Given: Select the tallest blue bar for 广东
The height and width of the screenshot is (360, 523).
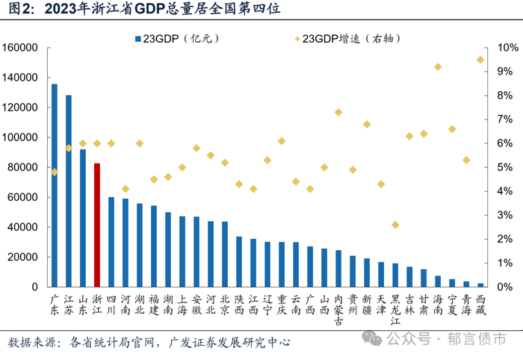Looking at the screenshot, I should [x=55, y=185].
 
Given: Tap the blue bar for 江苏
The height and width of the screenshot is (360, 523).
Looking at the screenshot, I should [x=69, y=191].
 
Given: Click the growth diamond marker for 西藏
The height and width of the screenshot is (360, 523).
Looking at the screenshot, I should [x=480, y=60].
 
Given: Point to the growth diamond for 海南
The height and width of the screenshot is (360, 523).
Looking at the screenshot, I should [x=438, y=66].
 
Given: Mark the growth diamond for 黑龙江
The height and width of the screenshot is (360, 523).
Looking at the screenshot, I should [x=395, y=225].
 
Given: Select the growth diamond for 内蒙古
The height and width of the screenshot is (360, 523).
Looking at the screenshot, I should [x=338, y=112].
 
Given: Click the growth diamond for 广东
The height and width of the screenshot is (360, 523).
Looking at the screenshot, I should [x=55, y=172].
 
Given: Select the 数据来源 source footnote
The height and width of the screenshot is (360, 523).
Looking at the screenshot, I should [x=149, y=343].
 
